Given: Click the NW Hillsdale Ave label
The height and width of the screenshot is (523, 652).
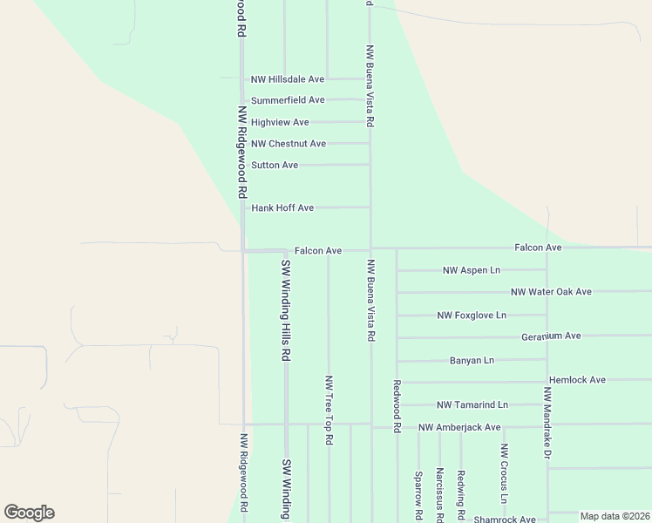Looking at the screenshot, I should click(288, 79).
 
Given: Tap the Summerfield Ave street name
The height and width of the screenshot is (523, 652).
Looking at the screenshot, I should click(288, 100).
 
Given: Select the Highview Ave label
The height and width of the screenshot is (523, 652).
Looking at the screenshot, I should click(280, 122).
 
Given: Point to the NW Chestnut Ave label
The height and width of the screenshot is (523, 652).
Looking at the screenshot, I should click(289, 144).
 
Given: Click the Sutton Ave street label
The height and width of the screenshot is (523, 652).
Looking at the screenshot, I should click(275, 165).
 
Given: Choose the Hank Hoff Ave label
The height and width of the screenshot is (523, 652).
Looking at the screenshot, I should click(282, 208).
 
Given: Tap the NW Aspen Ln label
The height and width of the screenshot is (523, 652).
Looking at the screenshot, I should click(472, 271).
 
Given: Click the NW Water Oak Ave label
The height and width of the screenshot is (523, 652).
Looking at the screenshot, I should click(551, 292).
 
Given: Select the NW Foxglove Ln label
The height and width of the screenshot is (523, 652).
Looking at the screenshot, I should click(472, 315).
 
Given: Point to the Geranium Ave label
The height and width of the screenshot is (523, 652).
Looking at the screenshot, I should click(551, 336).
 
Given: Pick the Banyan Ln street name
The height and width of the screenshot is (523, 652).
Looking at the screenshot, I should click(472, 360).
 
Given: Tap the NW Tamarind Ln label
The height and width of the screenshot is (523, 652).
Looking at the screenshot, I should click(472, 404).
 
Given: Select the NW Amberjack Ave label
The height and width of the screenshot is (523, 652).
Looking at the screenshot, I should click(459, 427).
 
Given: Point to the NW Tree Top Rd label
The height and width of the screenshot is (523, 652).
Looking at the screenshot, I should click(329, 411).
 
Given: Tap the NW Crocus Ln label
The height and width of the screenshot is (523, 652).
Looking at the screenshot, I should click(504, 474).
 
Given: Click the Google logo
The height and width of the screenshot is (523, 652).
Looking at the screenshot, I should click(29, 513).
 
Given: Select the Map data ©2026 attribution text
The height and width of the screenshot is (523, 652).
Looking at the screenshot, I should click(614, 516).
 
